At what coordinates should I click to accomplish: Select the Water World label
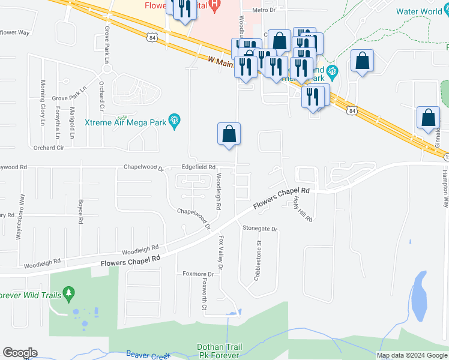point(419,11)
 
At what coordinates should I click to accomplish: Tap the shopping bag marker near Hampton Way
point(429,118)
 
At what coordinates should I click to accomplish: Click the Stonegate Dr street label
point(261,229)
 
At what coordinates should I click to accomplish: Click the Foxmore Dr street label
point(198,274)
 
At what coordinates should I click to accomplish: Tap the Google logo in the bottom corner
point(20,353)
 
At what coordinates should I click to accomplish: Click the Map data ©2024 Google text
point(411,355)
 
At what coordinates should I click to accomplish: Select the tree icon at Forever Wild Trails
point(70,293)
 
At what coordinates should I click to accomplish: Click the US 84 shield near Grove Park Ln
point(152,38)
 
